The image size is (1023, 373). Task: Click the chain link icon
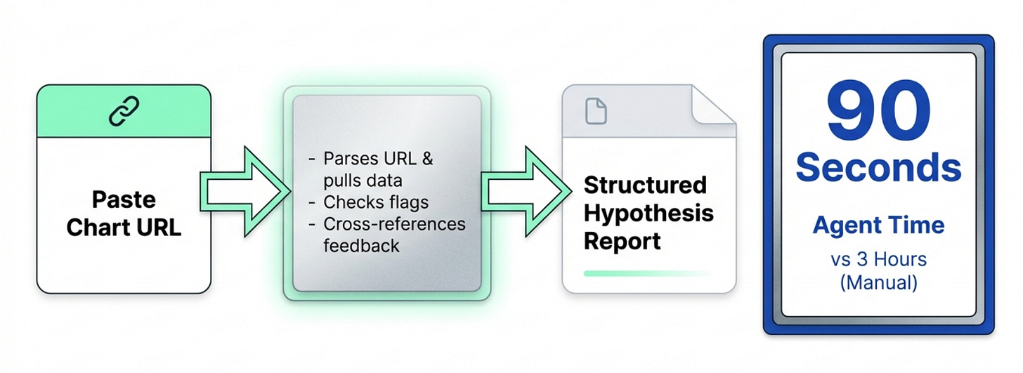(x=124, y=111)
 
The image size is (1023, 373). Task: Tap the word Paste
(x=124, y=199)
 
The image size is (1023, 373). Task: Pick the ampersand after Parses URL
(x=426, y=159)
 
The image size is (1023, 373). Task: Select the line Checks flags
(x=376, y=202)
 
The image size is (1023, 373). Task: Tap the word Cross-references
(x=394, y=224)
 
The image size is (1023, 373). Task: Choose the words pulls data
(x=363, y=181)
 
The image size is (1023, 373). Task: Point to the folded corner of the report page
(x=713, y=105)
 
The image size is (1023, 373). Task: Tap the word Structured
(x=645, y=185)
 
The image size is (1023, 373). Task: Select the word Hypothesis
(x=649, y=213)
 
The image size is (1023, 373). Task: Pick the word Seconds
(x=878, y=169)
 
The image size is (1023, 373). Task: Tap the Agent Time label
(x=878, y=225)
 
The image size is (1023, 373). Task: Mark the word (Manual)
(x=878, y=283)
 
